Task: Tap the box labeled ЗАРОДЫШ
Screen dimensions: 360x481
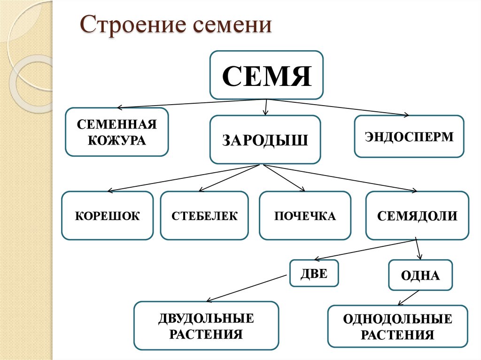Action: pyautogui.click(x=265, y=140)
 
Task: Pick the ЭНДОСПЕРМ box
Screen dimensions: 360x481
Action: pyautogui.click(x=409, y=137)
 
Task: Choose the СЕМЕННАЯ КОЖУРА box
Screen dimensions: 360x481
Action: pyautogui.click(x=116, y=132)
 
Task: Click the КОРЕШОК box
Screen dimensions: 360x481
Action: pyautogui.click(x=108, y=216)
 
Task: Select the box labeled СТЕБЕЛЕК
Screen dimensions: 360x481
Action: pyautogui.click(x=204, y=216)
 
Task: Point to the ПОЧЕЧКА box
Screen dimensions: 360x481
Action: pyautogui.click(x=305, y=216)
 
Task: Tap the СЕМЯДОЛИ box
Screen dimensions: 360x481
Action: pyautogui.click(x=417, y=216)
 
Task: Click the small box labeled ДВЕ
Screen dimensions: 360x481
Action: pyautogui.click(x=314, y=273)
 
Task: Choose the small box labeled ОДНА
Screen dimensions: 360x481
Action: pyautogui.click(x=420, y=276)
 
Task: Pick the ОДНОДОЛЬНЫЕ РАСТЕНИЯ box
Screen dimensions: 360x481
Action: pyautogui.click(x=397, y=327)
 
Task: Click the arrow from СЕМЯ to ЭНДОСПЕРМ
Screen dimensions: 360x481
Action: pyautogui.click(x=338, y=107)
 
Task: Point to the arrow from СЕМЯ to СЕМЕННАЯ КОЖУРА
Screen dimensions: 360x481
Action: pyautogui.click(x=193, y=103)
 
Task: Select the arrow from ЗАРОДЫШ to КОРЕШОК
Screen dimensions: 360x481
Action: pyautogui.click(x=183, y=178)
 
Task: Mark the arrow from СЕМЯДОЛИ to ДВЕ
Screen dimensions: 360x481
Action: pyautogui.click(x=366, y=249)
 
